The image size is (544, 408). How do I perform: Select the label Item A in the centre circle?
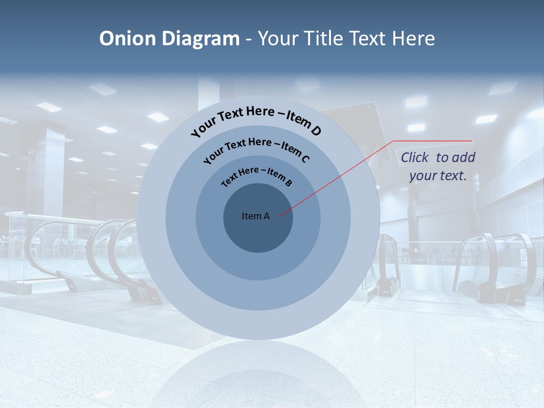(256, 216)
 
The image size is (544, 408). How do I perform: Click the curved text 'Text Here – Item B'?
(256, 175)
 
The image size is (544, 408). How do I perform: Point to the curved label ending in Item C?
(256, 148)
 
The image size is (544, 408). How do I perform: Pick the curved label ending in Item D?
(256, 120)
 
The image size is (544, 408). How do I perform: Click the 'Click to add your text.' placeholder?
(438, 166)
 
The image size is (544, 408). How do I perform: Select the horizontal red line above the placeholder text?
(433, 141)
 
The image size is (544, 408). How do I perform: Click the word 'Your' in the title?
(279, 39)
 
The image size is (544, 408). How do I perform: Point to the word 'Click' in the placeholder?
(416, 158)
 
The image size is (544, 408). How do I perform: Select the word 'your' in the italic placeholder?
(422, 176)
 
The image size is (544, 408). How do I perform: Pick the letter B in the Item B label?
(288, 182)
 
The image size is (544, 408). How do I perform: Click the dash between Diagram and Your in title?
(249, 40)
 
